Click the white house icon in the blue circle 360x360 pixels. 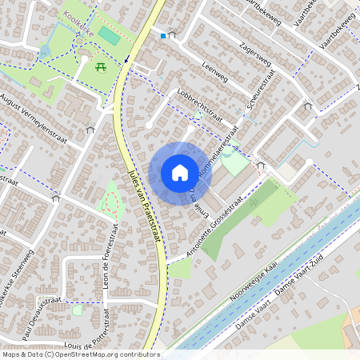[x=180, y=172]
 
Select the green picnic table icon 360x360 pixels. [x=102, y=69]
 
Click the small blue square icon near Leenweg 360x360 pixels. [x=163, y=36]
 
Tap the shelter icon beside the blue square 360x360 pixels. [x=171, y=36]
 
